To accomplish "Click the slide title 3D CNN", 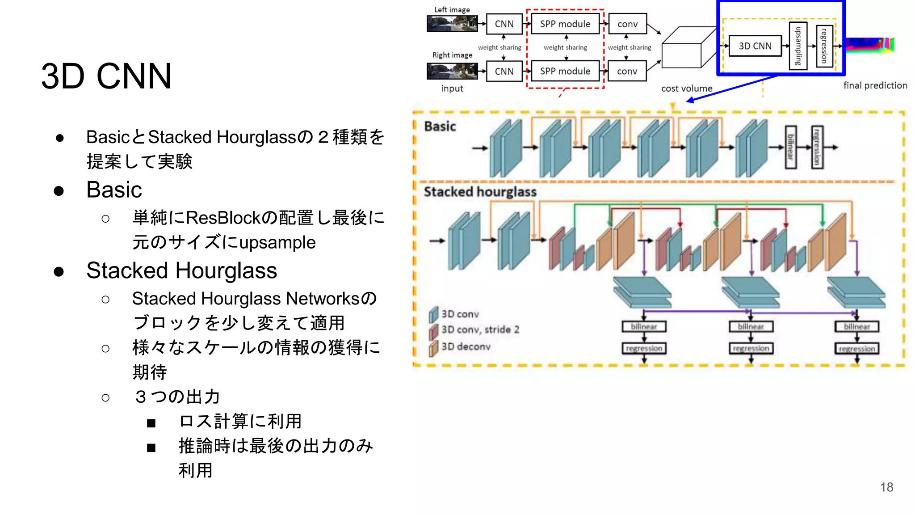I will tap(106, 76).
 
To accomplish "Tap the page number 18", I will tap(886, 487).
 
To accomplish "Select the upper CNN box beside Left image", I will tap(504, 24).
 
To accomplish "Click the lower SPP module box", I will tap(565, 71).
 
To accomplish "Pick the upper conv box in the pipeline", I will tap(627, 24).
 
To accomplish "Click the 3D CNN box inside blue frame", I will tap(755, 46).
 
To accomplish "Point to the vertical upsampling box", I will tap(798, 46).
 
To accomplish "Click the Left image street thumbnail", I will tap(452, 24).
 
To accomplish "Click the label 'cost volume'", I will tap(687, 89).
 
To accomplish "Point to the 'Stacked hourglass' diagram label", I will tap(480, 192).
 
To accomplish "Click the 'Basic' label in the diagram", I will tap(440, 127).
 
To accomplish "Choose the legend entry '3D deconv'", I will tap(466, 346).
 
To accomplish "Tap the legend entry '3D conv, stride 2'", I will tap(480, 329).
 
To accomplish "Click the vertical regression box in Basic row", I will tap(817, 147).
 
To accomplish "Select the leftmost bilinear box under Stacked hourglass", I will tap(644, 326).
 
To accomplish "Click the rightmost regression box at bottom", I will tap(856, 348).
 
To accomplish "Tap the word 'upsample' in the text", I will tap(277, 242).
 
